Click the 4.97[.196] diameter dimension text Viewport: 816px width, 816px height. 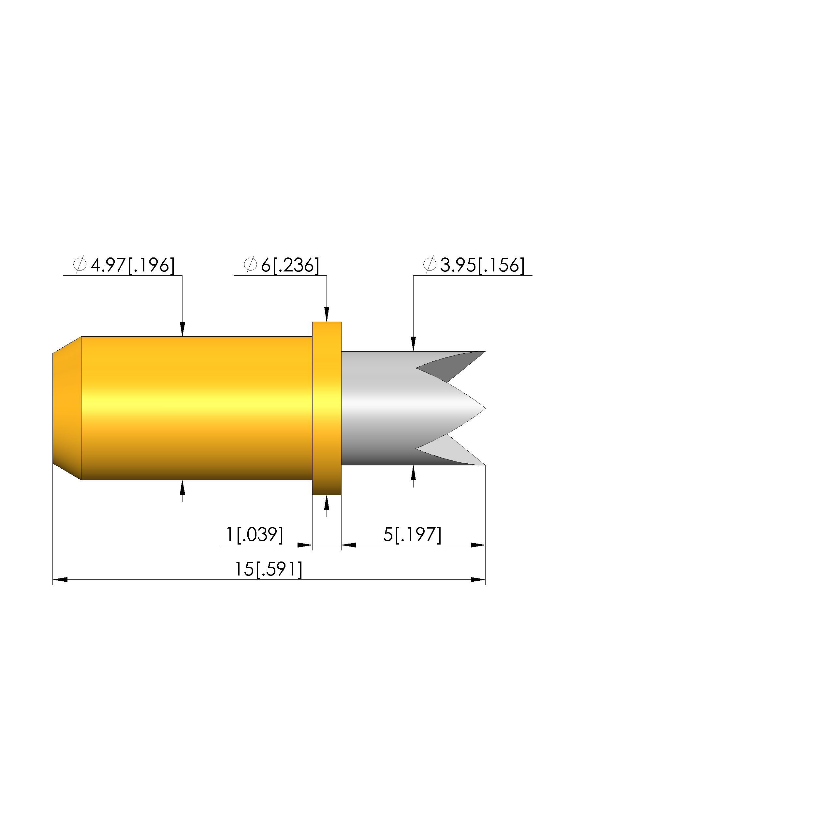tap(133, 265)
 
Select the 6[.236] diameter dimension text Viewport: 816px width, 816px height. tap(290, 265)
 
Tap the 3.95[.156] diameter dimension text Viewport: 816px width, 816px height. tap(482, 265)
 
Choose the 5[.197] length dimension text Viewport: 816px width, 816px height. tap(412, 535)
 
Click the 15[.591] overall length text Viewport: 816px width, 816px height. tap(269, 569)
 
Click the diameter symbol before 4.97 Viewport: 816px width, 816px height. tap(80, 265)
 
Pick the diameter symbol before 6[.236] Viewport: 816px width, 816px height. tap(251, 265)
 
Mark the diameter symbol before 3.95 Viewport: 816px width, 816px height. tap(430, 265)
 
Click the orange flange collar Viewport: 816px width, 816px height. tap(327, 408)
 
